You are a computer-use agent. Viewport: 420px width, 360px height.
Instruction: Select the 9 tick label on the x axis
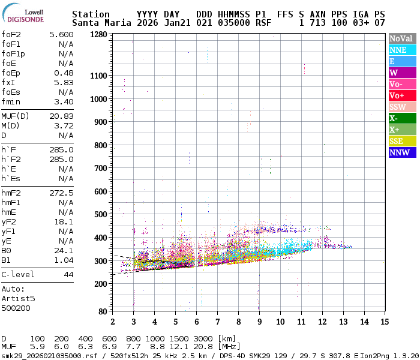pyautogui.click(x=259, y=322)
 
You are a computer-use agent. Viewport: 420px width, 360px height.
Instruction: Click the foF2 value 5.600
pyautogui.click(x=61, y=35)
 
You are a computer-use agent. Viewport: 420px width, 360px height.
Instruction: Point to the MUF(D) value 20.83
pyautogui.click(x=61, y=116)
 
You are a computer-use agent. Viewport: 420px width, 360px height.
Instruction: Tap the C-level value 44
pyautogui.click(x=68, y=274)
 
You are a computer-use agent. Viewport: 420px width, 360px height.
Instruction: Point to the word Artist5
pyautogui.click(x=18, y=298)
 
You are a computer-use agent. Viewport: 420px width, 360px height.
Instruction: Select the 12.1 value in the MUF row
pyautogui.click(x=180, y=347)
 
